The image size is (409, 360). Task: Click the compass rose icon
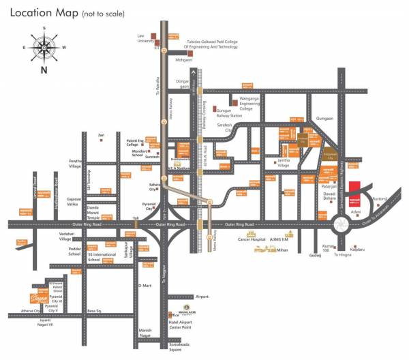44,47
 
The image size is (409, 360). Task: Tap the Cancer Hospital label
252,239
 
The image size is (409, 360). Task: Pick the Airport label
202,297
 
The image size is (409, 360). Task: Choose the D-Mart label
145,285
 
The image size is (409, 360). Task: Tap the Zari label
101,135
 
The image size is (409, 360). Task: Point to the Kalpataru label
369,250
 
